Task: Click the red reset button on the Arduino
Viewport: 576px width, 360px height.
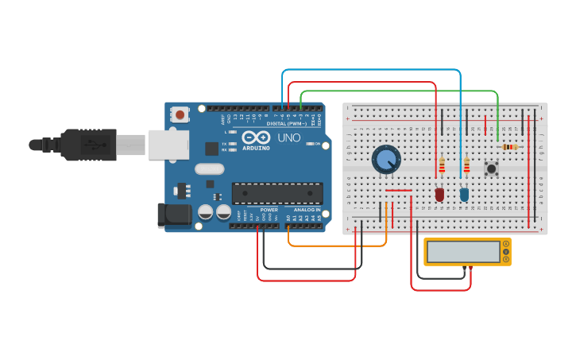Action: tap(180, 114)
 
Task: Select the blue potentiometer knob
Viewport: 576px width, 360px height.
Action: tap(386, 159)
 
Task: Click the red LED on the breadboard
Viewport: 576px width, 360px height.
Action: tap(439, 193)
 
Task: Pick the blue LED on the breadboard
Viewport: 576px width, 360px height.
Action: tap(464, 193)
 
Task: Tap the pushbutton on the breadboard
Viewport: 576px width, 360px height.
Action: tap(492, 168)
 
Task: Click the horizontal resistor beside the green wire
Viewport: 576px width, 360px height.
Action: tap(508, 147)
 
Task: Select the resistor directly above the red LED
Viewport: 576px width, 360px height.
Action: tap(442, 165)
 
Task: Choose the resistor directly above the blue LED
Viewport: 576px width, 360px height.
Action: tap(466, 165)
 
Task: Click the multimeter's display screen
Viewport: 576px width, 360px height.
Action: tap(462, 252)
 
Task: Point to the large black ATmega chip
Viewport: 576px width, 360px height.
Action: tap(277, 192)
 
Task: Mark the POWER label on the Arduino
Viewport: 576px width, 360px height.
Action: tap(269, 210)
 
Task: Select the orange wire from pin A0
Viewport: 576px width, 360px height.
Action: tap(334, 244)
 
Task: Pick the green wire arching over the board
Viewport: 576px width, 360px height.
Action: tap(397, 91)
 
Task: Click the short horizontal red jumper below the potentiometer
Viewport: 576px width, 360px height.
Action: tap(398, 191)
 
